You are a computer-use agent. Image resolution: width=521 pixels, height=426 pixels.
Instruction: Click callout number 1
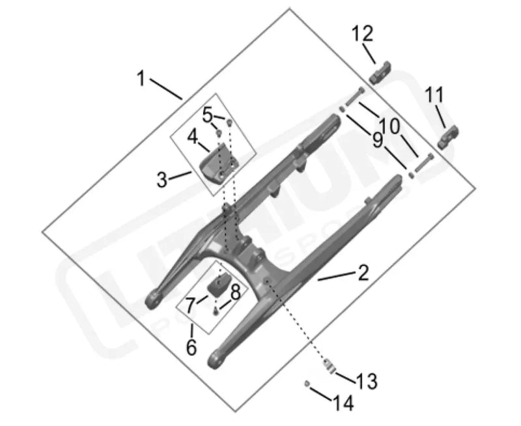[141, 79]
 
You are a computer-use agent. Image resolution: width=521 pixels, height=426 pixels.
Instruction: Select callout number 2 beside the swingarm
[363, 272]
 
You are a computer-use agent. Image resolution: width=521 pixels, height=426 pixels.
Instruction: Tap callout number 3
[163, 178]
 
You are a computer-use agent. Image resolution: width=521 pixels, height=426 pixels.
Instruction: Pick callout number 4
[193, 137]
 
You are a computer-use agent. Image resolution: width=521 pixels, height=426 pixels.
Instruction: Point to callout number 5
[207, 116]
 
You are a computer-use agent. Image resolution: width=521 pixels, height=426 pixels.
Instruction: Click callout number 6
[191, 347]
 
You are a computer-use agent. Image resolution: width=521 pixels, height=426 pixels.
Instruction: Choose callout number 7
[190, 304]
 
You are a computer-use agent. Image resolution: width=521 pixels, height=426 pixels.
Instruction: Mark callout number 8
[235, 292]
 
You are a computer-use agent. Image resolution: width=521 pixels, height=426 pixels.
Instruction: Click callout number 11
[435, 96]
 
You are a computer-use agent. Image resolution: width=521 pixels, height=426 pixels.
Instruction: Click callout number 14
[343, 403]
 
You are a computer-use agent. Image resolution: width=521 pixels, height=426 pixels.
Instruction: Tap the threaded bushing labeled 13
[330, 366]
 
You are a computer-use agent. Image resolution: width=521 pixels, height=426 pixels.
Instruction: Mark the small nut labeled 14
[306, 384]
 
